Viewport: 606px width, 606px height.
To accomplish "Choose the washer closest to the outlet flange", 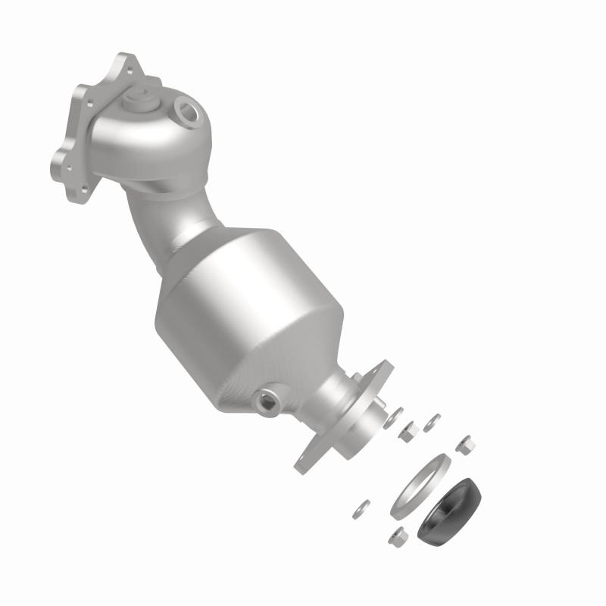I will [x=394, y=416].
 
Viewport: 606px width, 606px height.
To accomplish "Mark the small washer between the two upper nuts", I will [x=433, y=420].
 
